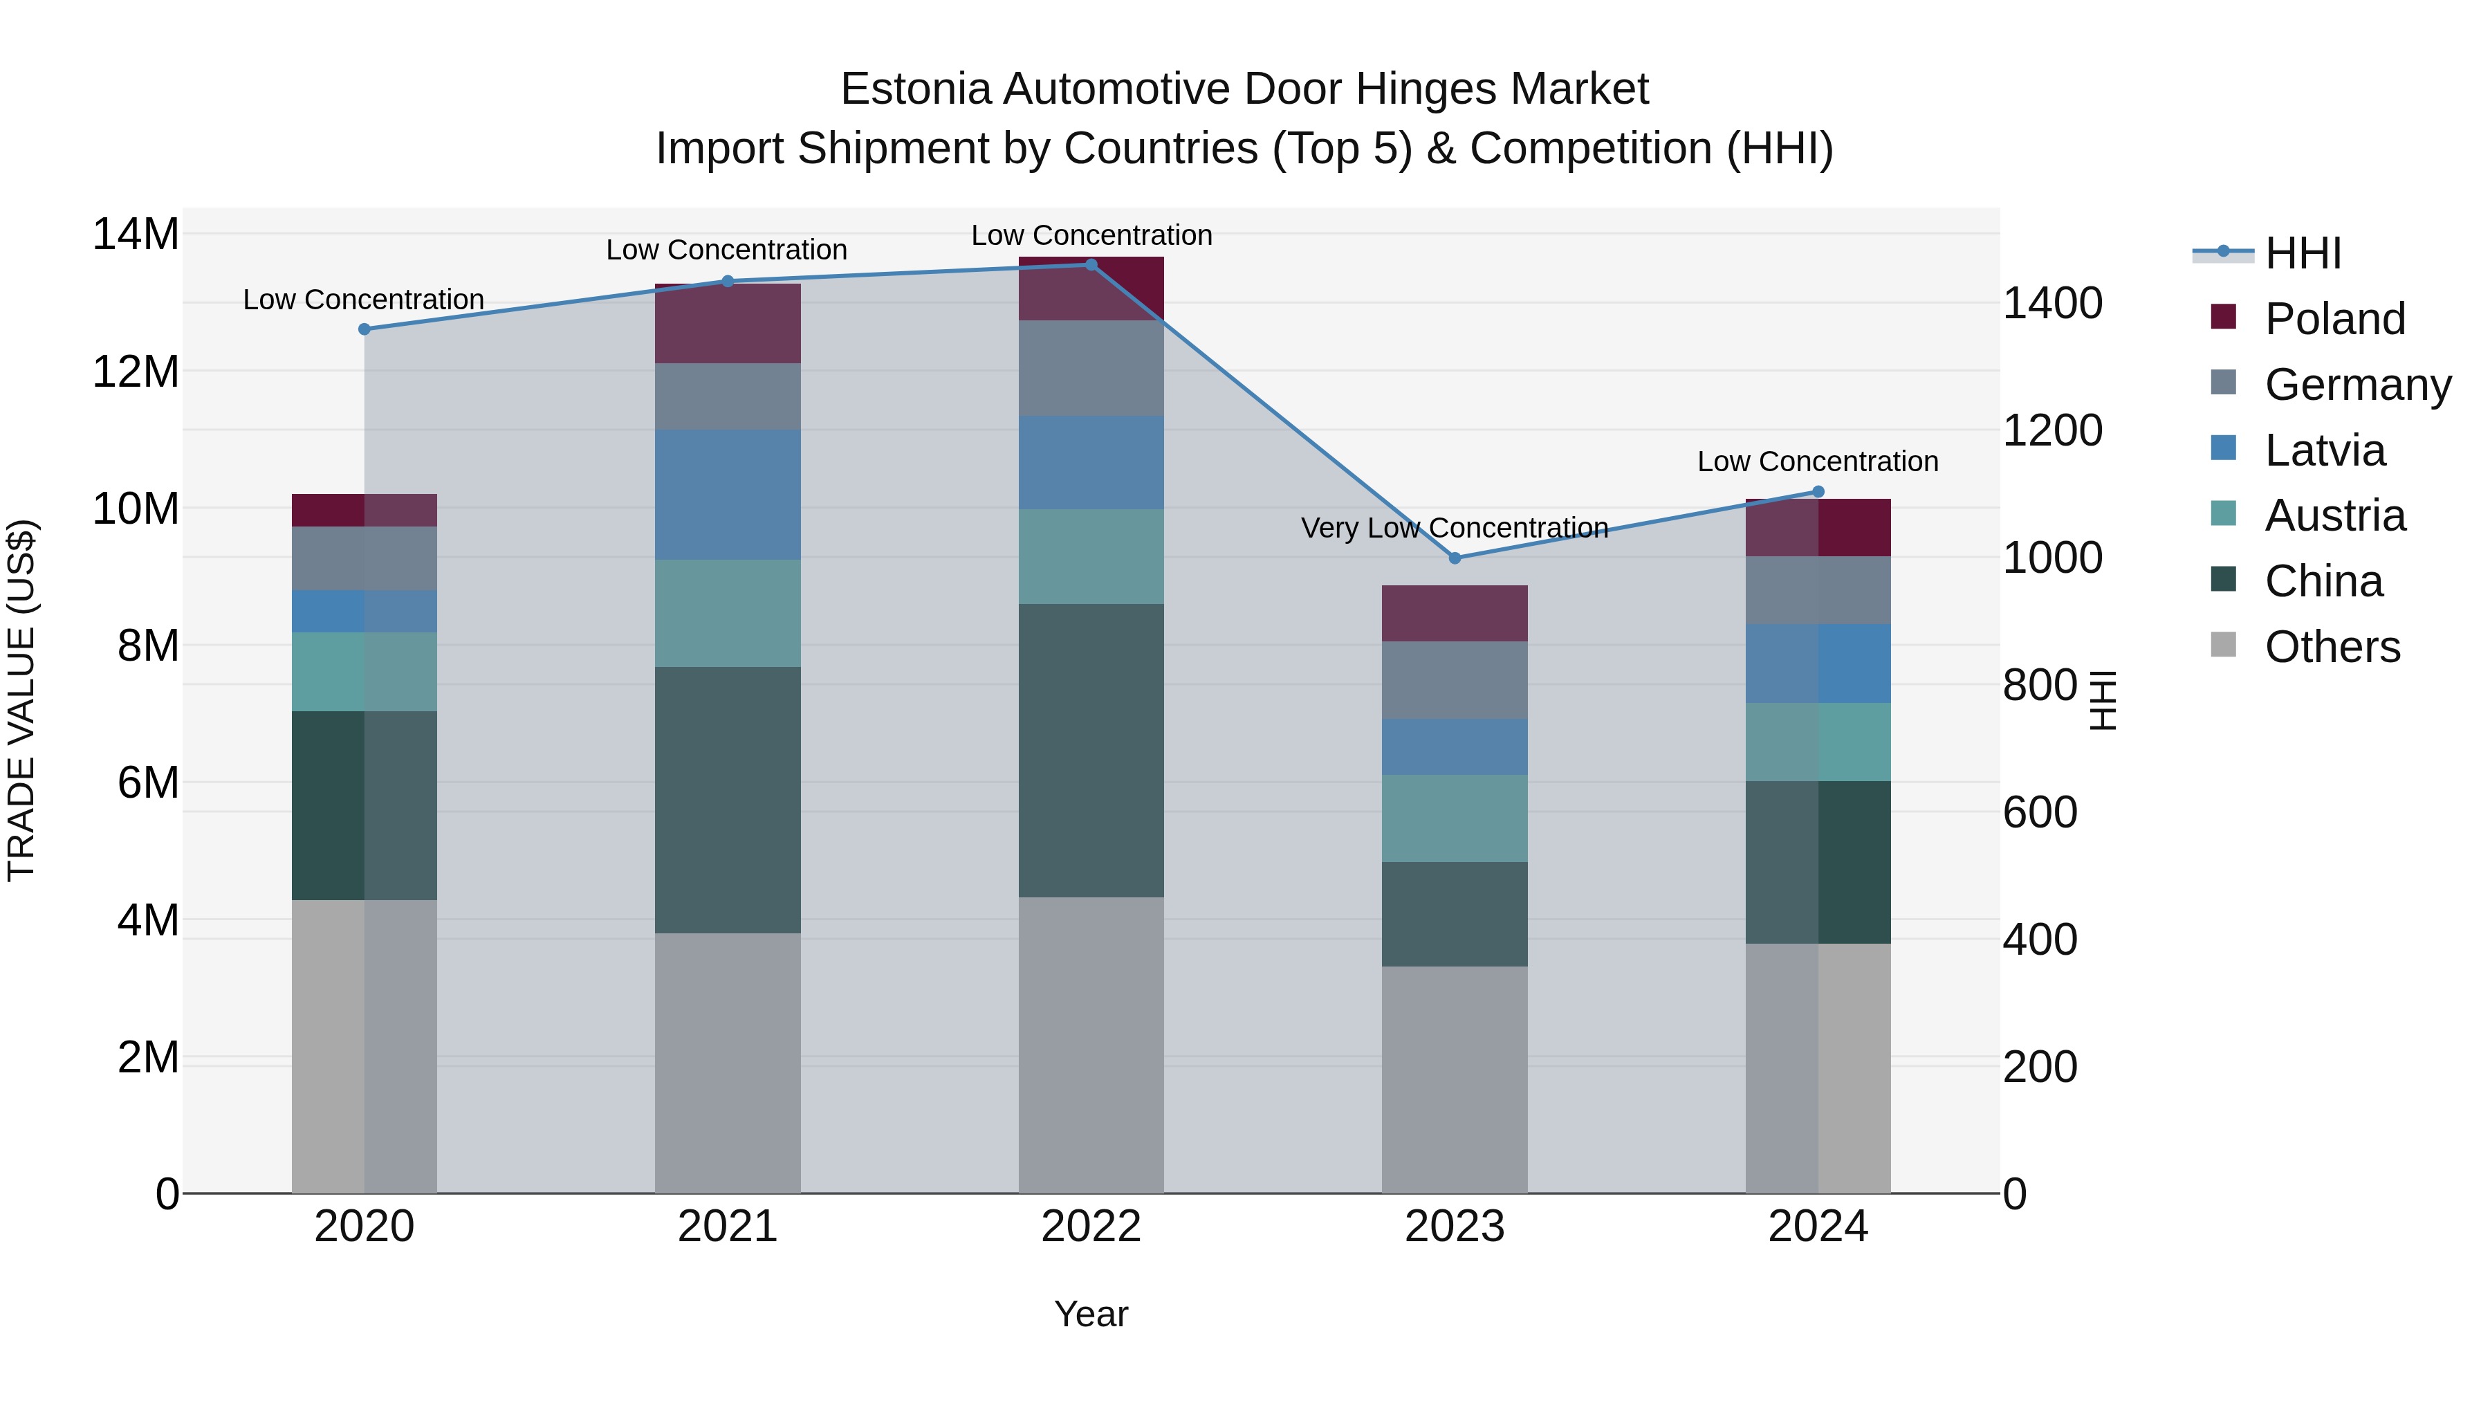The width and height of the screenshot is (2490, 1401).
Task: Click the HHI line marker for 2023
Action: click(1455, 558)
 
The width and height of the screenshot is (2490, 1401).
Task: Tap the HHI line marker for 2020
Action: click(365, 329)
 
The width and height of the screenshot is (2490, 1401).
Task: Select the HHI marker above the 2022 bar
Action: click(1091, 264)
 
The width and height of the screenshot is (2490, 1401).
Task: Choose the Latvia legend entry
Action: click(2324, 450)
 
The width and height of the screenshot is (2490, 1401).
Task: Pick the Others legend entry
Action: click(2332, 647)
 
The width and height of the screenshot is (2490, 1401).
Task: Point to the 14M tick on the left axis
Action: click(136, 235)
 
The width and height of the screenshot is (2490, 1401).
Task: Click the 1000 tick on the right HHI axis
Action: click(2052, 558)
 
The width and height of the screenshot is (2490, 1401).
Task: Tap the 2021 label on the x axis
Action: click(727, 1227)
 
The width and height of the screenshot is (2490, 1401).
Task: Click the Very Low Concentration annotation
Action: click(1454, 528)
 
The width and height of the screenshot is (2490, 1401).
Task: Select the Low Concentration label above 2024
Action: click(1817, 461)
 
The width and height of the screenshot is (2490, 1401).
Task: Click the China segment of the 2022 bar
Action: click(1091, 749)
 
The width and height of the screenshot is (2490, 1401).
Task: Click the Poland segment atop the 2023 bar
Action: click(1454, 613)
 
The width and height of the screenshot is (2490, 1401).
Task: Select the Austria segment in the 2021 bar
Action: click(727, 613)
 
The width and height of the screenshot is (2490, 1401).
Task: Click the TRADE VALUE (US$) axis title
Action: click(22, 700)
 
